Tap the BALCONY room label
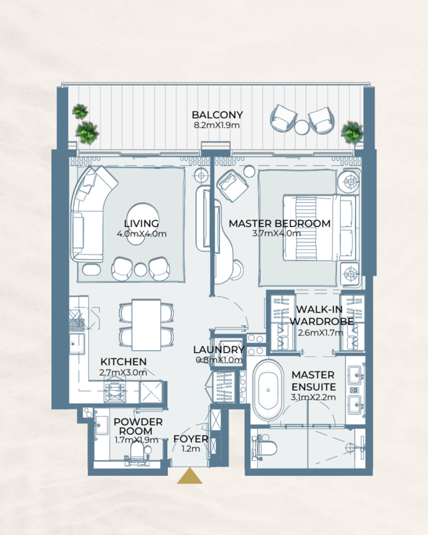[x=217, y=115]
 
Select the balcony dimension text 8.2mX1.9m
[x=217, y=125]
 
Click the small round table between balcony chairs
[x=302, y=127]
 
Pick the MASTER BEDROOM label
[x=280, y=224]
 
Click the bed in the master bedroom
[x=319, y=227]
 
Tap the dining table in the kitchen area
[x=146, y=324]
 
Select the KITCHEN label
[x=123, y=362]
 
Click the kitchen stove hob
[x=114, y=391]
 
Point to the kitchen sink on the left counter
[x=77, y=344]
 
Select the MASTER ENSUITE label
[x=313, y=380]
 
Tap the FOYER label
[x=191, y=439]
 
